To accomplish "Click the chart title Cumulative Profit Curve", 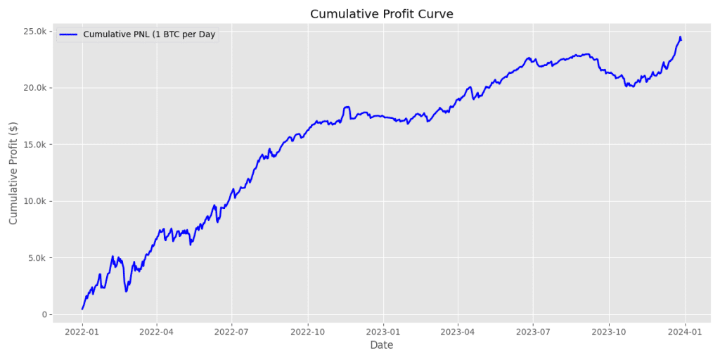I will pyautogui.click(x=381, y=14).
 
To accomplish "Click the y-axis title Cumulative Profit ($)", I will pyautogui.click(x=14, y=172).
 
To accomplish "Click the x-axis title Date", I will pyautogui.click(x=381, y=345).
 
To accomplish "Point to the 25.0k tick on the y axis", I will pyautogui.click(x=34, y=31).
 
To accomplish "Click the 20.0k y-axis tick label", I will pyautogui.click(x=34, y=88).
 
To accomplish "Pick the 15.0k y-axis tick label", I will pyautogui.click(x=34, y=145).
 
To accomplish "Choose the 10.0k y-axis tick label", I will pyautogui.click(x=34, y=201).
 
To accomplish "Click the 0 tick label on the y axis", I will pyautogui.click(x=44, y=314).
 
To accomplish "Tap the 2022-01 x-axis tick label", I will pyautogui.click(x=82, y=331).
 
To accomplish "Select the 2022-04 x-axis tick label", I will pyautogui.click(x=157, y=331).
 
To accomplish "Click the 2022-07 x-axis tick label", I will pyautogui.click(x=232, y=331).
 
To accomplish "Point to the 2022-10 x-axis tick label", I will pyautogui.click(x=308, y=331).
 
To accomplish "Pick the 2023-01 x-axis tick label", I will pyautogui.click(x=383, y=331).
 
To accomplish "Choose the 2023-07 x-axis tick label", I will pyautogui.click(x=532, y=331).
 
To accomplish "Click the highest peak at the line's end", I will pyautogui.click(x=680, y=37).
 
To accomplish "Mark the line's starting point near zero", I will pyautogui.click(x=82, y=309).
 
